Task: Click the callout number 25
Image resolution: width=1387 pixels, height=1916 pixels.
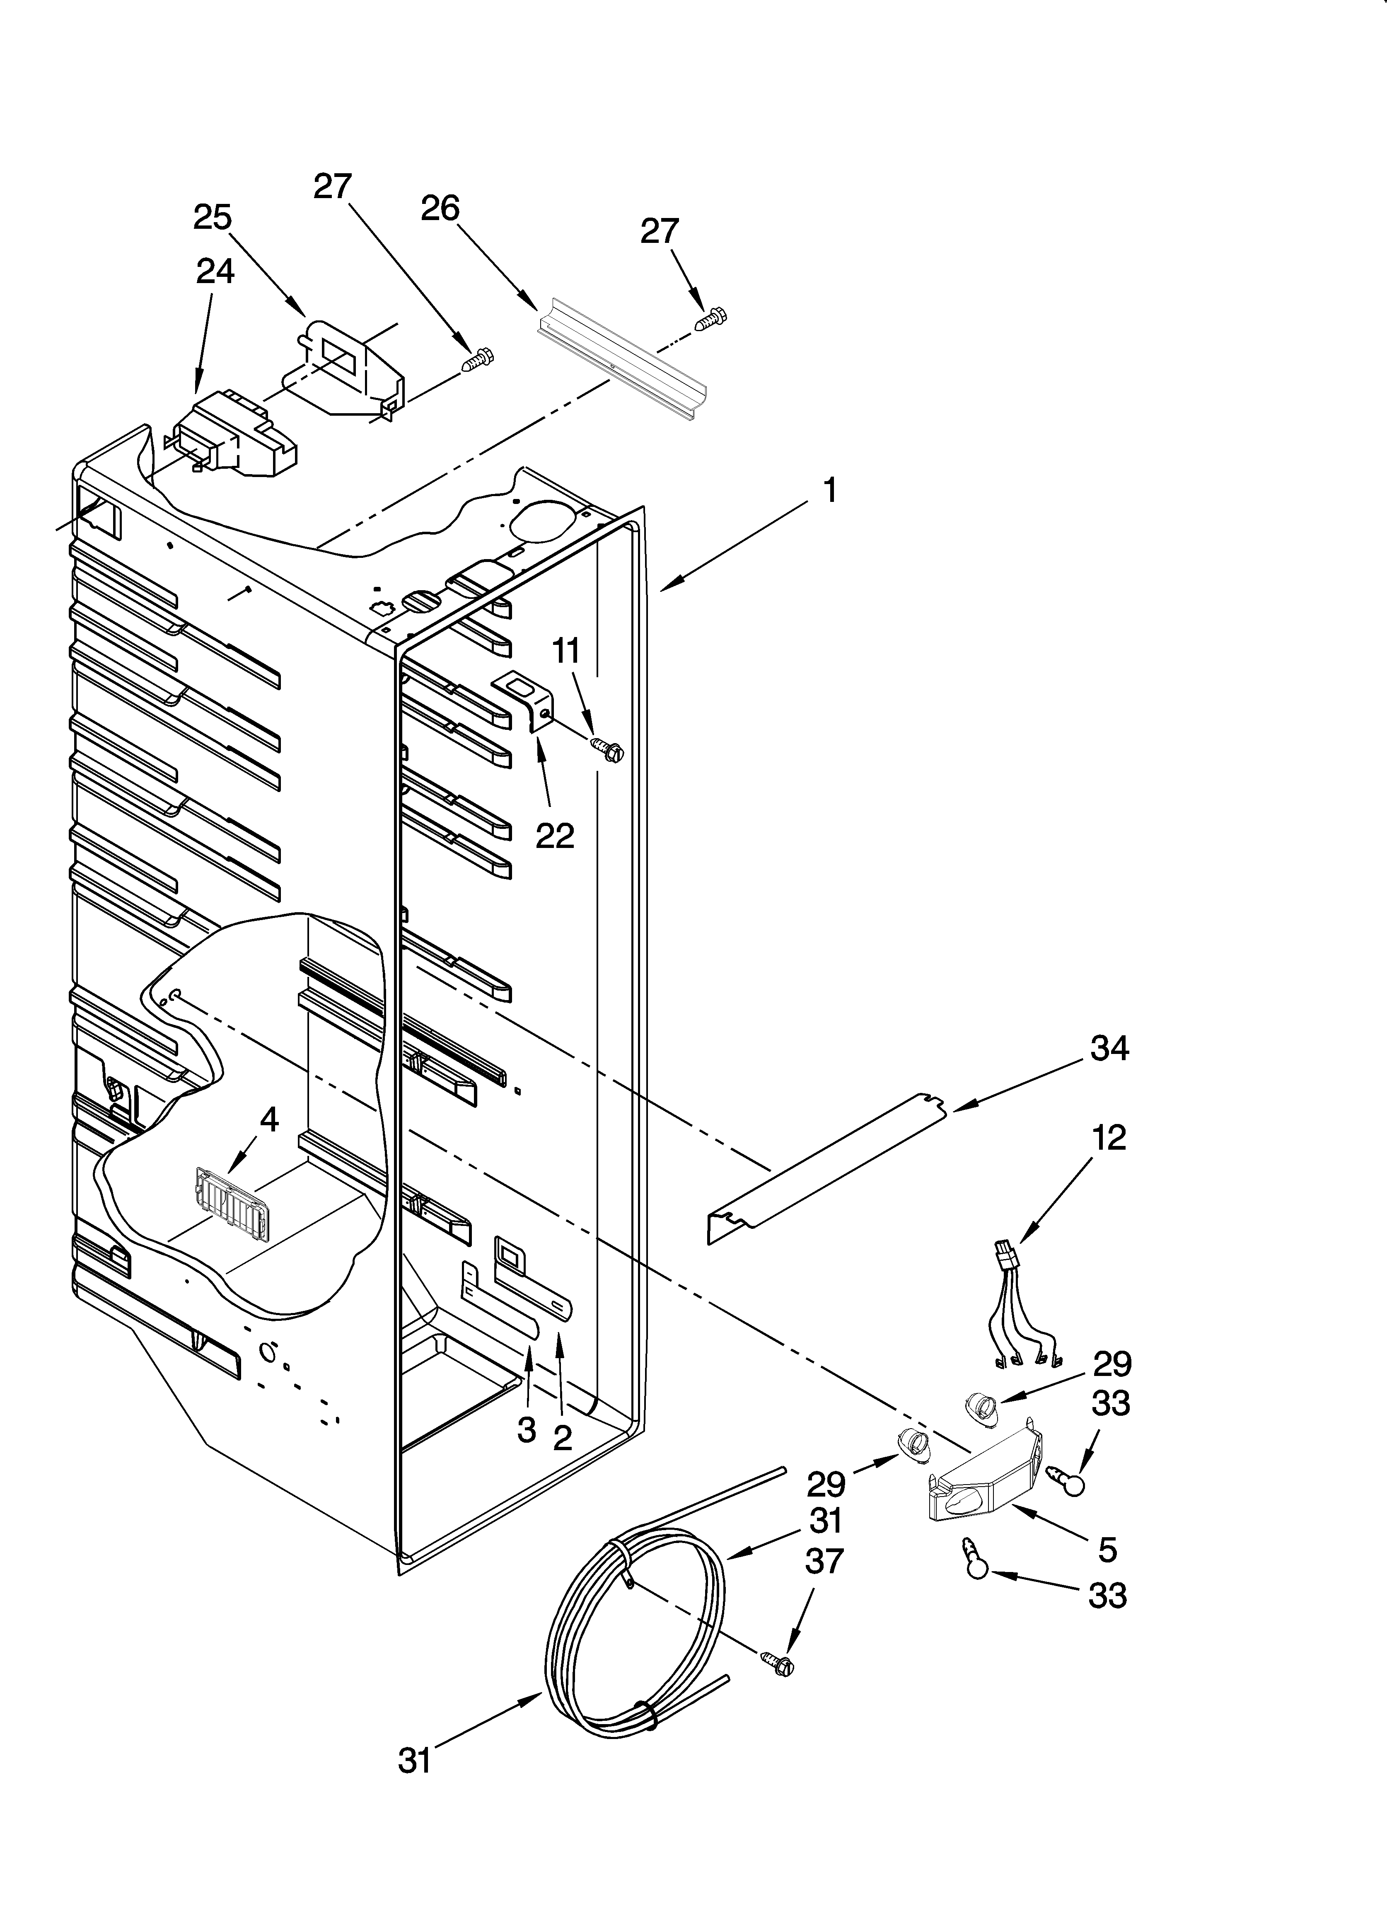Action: click(213, 218)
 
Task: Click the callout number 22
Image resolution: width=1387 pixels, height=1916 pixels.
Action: click(555, 836)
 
